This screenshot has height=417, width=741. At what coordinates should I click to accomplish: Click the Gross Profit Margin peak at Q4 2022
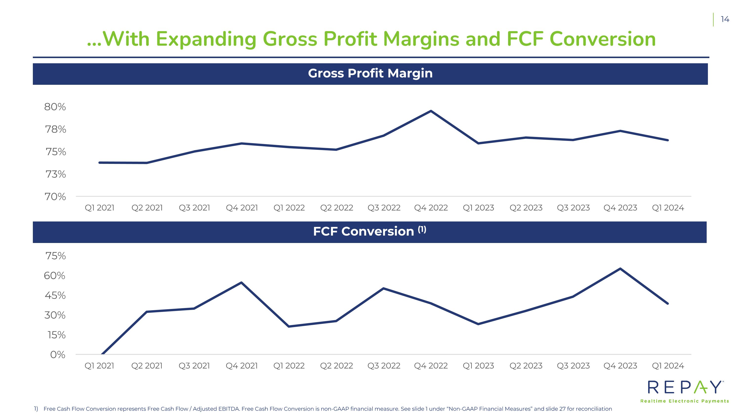431,111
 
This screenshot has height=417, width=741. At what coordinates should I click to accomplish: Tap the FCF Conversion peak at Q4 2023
620,269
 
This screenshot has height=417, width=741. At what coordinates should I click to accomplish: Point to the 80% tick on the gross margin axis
55,107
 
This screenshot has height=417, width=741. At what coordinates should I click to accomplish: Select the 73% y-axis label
56,174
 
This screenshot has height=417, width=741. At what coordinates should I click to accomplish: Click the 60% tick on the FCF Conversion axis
55,276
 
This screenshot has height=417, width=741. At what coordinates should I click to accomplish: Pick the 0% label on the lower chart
58,354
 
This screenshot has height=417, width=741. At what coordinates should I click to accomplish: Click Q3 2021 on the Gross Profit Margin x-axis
194,208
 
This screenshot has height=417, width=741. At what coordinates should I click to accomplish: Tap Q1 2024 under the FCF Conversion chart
668,366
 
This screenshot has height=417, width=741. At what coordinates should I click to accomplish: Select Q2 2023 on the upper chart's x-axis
526,208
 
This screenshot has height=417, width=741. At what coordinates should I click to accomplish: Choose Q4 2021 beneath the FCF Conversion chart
242,366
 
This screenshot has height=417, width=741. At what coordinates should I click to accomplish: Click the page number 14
725,19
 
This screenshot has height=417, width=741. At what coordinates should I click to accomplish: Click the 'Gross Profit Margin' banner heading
370,73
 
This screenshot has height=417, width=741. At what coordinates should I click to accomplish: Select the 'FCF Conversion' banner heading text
364,232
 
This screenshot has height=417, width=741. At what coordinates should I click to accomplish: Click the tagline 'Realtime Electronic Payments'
685,401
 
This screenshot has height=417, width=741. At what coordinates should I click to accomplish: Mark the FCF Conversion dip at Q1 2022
288,326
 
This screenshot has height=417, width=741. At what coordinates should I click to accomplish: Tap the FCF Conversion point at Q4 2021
241,283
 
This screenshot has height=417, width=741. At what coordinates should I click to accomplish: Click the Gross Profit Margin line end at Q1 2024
668,140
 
